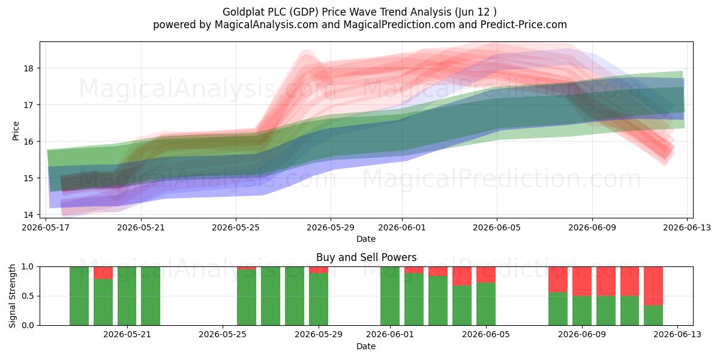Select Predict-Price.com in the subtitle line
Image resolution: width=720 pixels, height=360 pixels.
524,25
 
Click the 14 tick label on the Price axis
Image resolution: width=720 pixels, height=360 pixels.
28,214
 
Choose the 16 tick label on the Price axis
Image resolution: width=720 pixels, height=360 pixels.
28,142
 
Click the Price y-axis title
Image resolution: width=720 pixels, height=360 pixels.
16,131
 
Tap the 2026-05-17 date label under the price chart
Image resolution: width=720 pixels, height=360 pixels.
46,227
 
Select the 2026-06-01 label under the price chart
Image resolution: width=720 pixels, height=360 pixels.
402,227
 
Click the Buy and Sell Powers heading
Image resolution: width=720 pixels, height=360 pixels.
366,257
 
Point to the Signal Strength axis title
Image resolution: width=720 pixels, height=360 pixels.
12,296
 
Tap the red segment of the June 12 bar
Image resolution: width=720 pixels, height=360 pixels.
653,286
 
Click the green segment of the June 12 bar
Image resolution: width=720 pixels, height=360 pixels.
653,316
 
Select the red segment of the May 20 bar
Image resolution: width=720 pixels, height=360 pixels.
103,273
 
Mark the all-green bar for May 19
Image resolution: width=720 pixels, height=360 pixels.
79,296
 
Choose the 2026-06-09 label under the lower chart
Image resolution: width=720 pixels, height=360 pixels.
582,335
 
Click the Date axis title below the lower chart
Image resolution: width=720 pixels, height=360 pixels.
366,346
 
